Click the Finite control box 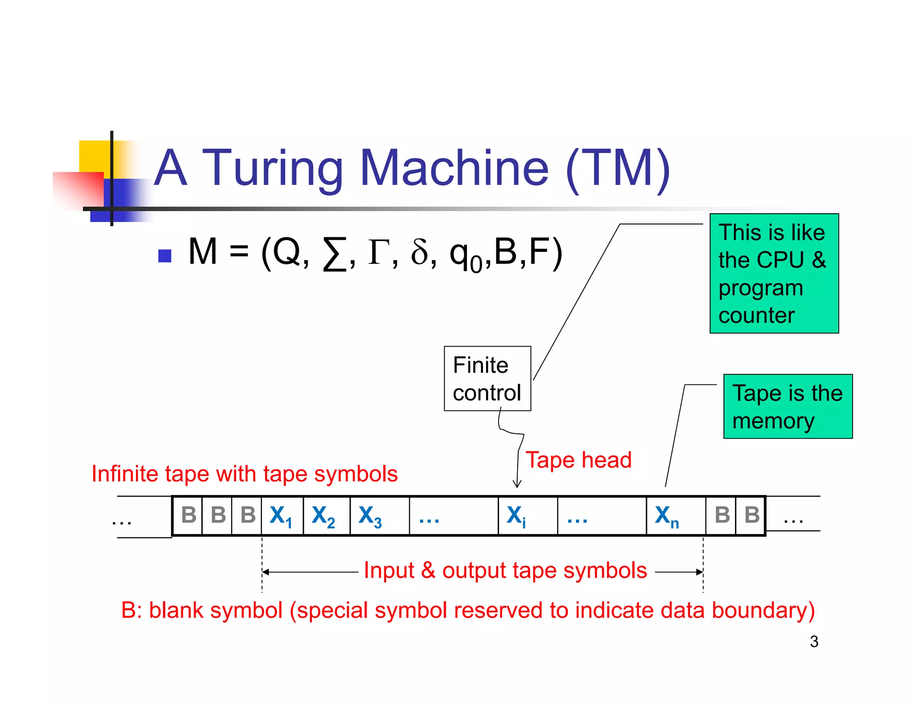click(487, 379)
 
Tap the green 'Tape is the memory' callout click(787, 407)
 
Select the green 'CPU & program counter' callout click(774, 273)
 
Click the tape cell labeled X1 click(282, 516)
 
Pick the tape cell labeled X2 click(326, 516)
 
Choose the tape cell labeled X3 click(379, 516)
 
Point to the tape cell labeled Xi click(527, 516)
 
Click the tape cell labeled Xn click(675, 516)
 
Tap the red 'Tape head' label click(578, 460)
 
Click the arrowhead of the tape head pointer click(517, 485)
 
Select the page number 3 click(814, 642)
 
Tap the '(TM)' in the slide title click(617, 168)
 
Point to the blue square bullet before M click(165, 256)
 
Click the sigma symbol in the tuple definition click(334, 253)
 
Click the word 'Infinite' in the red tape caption click(125, 474)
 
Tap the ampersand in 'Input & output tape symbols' click(428, 570)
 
